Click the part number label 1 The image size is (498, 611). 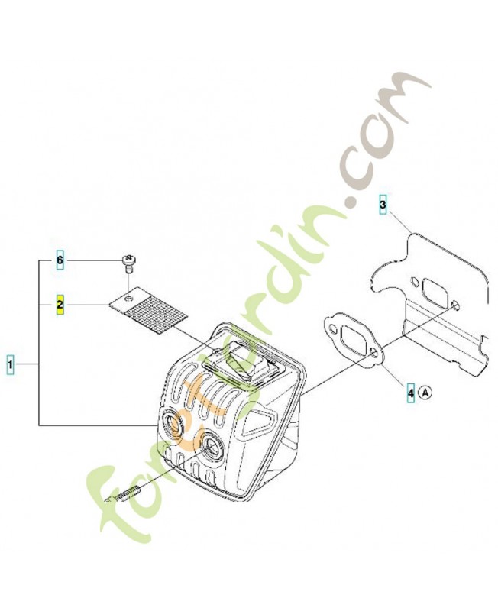coord(11,365)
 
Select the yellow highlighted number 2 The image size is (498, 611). coord(60,304)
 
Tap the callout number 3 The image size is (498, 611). coord(383,204)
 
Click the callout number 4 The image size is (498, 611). coord(411,393)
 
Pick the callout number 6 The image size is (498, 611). coord(60,260)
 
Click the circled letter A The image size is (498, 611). coord(425,393)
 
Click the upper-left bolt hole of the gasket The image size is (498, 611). coord(332,328)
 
